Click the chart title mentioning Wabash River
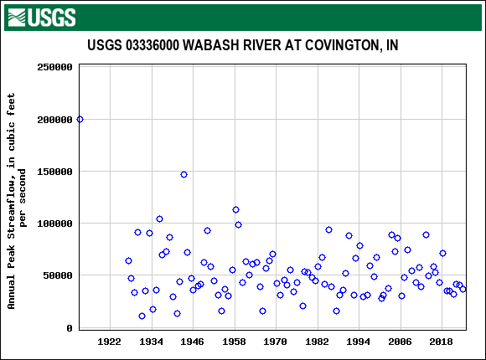click(x=242, y=45)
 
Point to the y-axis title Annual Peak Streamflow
click(x=18, y=201)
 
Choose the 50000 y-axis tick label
click(x=58, y=275)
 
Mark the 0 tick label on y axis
click(x=70, y=328)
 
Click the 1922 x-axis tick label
click(x=110, y=342)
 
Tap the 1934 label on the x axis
click(x=151, y=342)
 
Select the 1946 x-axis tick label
click(x=193, y=342)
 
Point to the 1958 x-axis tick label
click(x=234, y=342)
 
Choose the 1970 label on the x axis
click(x=276, y=342)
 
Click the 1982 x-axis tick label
click(x=317, y=342)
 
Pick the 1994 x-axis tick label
click(x=359, y=342)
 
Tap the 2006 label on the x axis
click(x=400, y=342)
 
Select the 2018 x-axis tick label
click(x=442, y=342)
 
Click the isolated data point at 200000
click(x=80, y=119)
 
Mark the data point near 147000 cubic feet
click(x=184, y=174)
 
